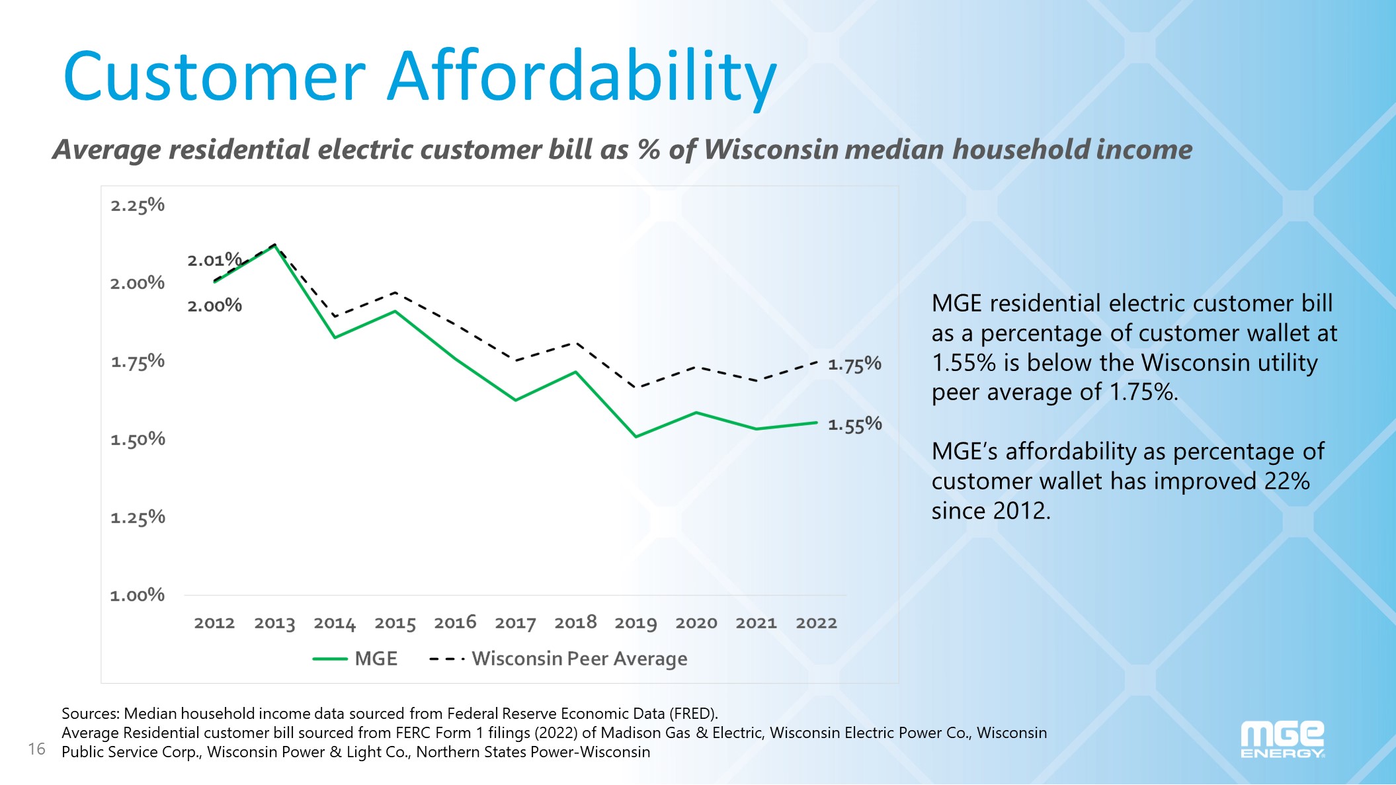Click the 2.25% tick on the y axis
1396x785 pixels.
point(138,206)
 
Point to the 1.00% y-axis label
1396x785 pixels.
point(138,595)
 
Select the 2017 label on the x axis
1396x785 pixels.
point(515,623)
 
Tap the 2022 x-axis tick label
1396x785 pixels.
point(816,623)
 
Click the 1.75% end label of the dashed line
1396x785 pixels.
point(854,364)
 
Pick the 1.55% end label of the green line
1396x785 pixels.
point(854,425)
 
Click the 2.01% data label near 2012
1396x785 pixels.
point(214,260)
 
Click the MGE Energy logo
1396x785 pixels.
point(1282,739)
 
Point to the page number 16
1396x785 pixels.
point(36,749)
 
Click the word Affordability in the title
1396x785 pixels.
point(582,77)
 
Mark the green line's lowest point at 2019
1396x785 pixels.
point(636,436)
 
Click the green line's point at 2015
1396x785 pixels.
point(395,311)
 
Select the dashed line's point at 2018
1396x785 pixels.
point(576,343)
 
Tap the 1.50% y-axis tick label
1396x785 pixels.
point(138,440)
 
